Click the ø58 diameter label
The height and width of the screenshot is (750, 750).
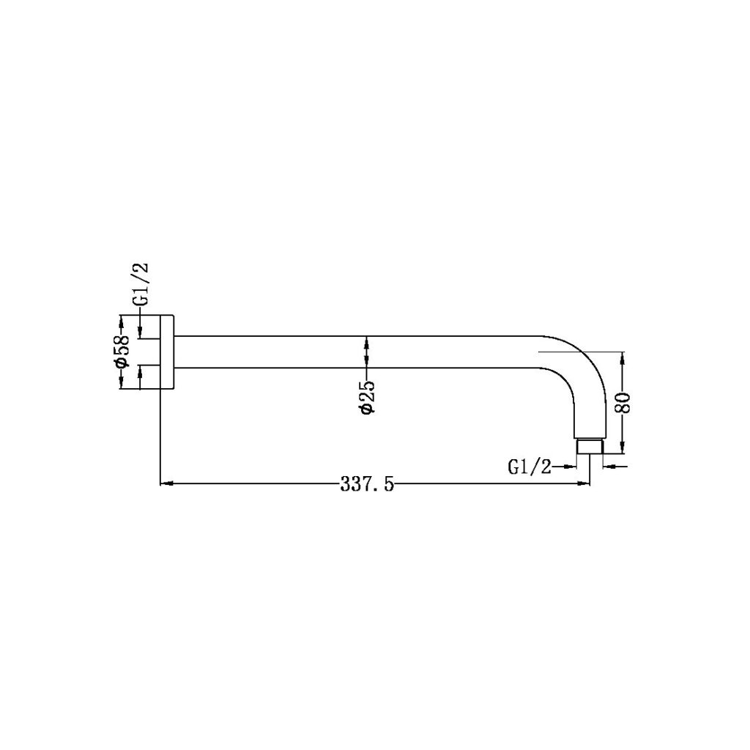(x=123, y=352)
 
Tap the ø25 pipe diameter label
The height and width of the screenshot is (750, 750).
(x=367, y=398)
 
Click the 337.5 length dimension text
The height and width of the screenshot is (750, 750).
(x=367, y=483)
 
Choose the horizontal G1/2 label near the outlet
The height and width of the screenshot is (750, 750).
(x=529, y=466)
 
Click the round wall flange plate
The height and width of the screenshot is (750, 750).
(x=167, y=352)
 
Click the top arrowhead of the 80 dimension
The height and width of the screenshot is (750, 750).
(x=623, y=357)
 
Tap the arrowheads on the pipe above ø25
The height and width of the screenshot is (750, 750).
(x=367, y=352)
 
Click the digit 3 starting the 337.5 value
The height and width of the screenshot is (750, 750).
(x=344, y=483)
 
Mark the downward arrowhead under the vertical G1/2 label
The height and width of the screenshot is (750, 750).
(x=141, y=333)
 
